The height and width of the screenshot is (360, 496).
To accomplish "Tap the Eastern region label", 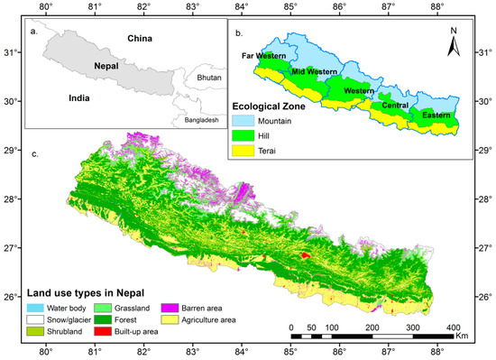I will (436, 115).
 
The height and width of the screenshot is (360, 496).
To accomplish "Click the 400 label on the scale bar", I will (454, 326).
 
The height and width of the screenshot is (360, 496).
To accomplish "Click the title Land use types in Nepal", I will (87, 292).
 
